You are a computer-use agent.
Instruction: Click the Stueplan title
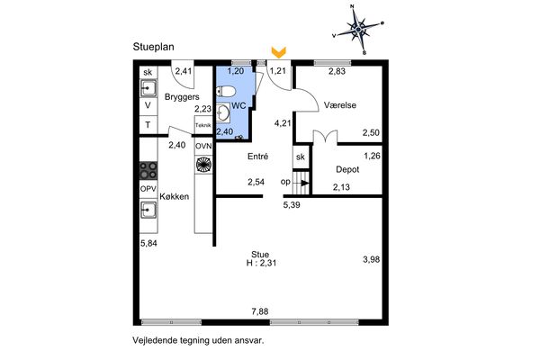pos(153,47)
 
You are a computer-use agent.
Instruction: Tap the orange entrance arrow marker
pos(279,52)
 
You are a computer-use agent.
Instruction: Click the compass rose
pos(358,30)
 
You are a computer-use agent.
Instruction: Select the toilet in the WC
pos(226,92)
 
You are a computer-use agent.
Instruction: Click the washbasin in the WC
pos(222,112)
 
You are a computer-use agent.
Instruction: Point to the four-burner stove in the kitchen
pos(148,170)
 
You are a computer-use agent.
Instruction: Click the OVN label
pos(203,146)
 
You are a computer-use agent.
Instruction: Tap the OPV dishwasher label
pos(148,189)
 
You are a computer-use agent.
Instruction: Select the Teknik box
pos(203,125)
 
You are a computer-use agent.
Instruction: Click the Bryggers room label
pos(182,97)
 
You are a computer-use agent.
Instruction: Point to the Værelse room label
pos(340,105)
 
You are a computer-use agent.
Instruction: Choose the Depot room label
pos(347,169)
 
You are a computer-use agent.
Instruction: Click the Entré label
pos(258,157)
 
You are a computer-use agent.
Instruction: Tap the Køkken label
pos(175,196)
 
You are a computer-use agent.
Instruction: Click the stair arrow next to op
pos(303,183)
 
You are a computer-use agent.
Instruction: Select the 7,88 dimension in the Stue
pos(260,311)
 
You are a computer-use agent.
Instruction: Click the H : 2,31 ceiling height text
pos(261,263)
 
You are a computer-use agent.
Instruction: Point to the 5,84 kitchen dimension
pos(148,243)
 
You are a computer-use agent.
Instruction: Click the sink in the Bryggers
pos(148,88)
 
